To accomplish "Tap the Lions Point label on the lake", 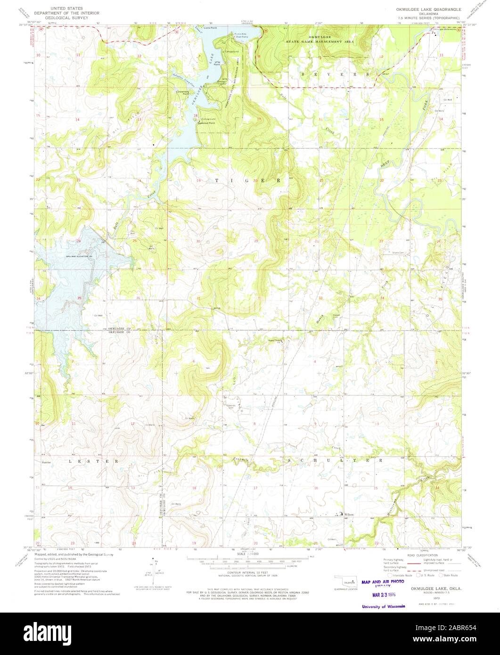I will tap(210, 28).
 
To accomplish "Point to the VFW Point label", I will tap(218, 63).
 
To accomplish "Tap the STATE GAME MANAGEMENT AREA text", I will tap(324, 41).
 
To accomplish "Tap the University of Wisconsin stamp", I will tap(383, 606).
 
